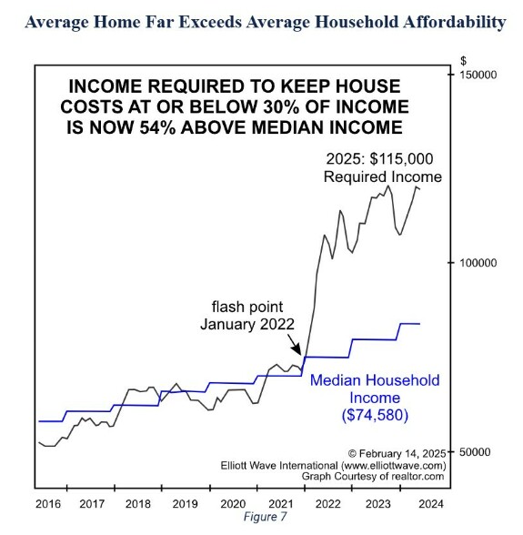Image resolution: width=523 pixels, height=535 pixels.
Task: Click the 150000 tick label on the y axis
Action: [478, 75]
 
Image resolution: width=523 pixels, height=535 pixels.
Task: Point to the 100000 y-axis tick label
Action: [478, 263]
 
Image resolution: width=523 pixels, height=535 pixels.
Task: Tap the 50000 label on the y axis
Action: [475, 452]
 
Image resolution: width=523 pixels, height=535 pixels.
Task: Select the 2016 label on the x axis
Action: [48, 504]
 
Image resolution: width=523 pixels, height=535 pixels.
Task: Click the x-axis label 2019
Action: [185, 504]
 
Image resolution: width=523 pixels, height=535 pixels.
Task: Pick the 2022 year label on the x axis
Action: [327, 504]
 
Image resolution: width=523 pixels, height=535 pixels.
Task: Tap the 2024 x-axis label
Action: [431, 504]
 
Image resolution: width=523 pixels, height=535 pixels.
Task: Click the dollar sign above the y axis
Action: [463, 61]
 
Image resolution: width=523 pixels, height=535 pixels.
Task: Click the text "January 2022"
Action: [247, 324]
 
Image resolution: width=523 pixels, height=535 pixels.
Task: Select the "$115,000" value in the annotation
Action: [401, 159]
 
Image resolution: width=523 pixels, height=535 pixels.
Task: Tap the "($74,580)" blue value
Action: [375, 415]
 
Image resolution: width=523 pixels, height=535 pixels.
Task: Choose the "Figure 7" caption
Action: [265, 517]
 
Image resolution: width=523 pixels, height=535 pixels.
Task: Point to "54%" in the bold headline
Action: [157, 127]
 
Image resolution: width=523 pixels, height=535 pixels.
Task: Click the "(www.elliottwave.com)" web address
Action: [393, 466]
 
